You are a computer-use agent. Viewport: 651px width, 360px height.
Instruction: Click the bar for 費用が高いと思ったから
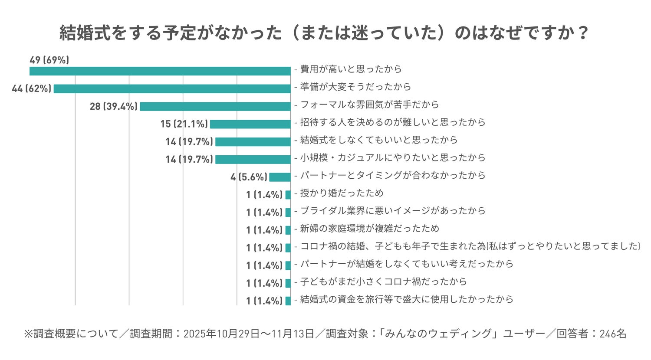click(x=160, y=71)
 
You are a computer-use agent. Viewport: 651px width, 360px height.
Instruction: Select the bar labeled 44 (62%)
click(x=172, y=89)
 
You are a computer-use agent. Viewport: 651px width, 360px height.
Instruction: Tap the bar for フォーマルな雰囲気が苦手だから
click(x=215, y=106)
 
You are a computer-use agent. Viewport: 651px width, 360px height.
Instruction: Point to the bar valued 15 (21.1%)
click(x=250, y=124)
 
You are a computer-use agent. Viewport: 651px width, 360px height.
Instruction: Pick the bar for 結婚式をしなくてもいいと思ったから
click(x=253, y=142)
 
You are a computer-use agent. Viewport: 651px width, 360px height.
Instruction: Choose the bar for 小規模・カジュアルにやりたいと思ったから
click(x=253, y=160)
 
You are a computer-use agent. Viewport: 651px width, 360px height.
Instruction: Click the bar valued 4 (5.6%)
click(x=279, y=177)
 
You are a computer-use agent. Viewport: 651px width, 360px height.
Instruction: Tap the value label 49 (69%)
click(x=49, y=60)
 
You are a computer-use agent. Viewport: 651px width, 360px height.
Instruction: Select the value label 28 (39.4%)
click(x=114, y=106)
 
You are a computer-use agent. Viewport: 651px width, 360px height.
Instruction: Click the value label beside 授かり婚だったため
click(x=264, y=195)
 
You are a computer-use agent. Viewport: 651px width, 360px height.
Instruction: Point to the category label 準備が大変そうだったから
click(x=355, y=87)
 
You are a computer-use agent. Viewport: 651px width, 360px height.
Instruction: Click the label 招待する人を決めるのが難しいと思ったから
click(x=393, y=122)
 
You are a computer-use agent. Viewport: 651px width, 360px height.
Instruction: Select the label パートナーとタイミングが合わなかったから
click(x=393, y=175)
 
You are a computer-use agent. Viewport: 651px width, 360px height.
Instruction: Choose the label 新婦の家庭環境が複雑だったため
click(x=369, y=229)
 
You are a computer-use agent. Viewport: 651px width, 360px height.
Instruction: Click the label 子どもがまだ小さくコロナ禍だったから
click(x=384, y=281)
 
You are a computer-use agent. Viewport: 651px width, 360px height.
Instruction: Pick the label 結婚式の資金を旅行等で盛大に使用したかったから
click(x=407, y=299)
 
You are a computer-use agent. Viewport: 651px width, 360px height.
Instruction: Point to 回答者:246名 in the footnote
click(x=591, y=334)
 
